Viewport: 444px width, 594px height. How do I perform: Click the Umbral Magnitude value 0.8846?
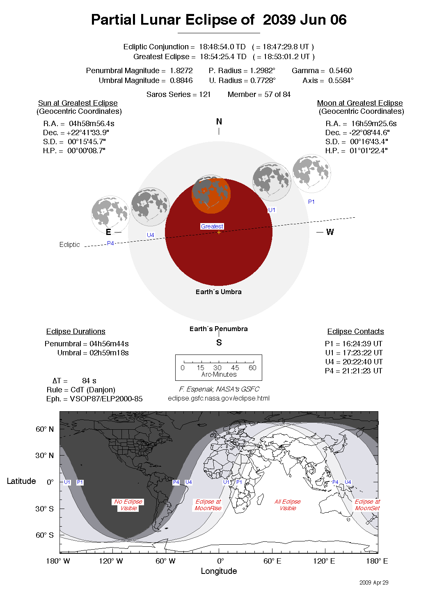181,81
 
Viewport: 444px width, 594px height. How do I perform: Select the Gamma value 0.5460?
340,71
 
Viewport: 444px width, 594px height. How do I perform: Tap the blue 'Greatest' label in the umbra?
212,226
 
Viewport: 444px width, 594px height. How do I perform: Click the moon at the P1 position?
311,173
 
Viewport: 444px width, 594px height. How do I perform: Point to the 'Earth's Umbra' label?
218,292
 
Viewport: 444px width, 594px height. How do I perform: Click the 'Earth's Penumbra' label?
218,329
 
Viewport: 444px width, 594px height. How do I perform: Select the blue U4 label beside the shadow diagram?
151,235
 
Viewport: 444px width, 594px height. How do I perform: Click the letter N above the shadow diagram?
219,122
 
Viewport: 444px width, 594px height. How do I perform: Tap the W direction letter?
330,232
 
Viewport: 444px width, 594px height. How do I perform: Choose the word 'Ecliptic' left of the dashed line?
69,245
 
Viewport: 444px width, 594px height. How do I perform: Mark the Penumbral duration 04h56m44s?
109,344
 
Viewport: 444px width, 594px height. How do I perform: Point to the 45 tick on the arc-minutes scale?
235,368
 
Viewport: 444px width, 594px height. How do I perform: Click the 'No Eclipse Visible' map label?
128,505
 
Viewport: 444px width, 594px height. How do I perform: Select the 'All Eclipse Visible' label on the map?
288,505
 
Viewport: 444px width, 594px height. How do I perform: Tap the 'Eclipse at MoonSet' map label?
367,505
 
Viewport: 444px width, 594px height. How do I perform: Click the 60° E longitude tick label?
272,561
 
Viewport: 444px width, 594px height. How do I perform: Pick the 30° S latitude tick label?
44,509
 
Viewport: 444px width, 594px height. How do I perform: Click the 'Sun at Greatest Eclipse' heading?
78,103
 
